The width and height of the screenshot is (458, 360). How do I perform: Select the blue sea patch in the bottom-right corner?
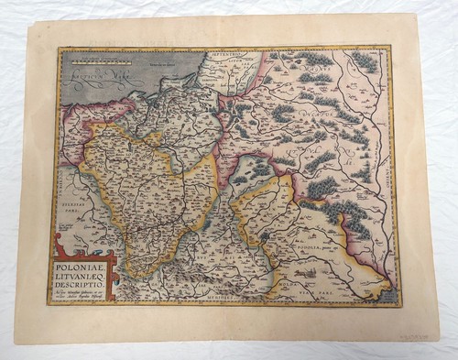tap(381, 295)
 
